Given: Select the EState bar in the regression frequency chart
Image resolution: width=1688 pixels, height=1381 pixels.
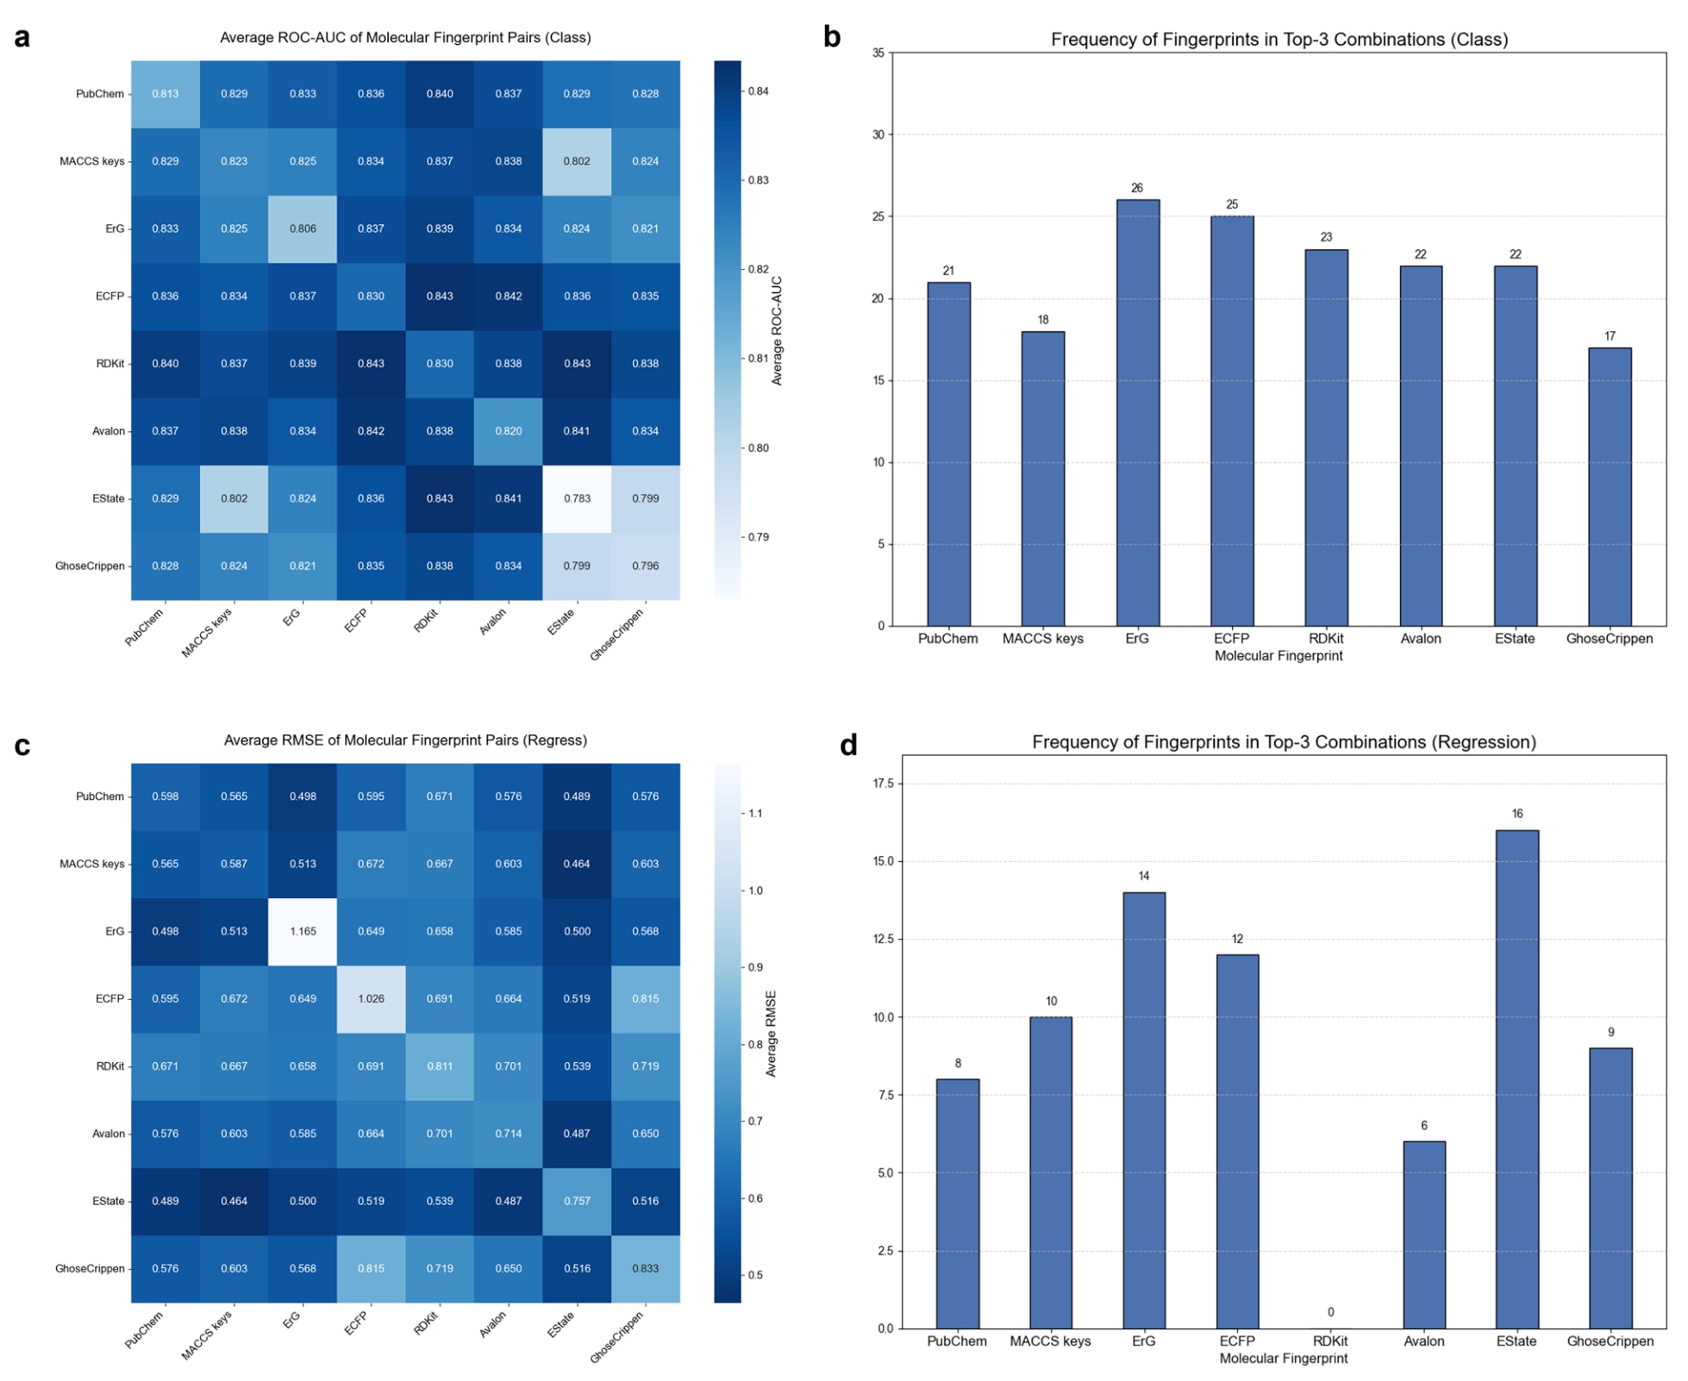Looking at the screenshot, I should tap(1516, 1078).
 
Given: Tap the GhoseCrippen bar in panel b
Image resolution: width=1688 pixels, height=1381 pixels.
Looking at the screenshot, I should tap(1609, 486).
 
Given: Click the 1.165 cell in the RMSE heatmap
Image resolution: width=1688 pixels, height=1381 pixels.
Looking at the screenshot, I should tap(303, 931).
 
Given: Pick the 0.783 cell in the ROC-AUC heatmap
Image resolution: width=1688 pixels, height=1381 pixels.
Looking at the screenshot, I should tap(577, 498).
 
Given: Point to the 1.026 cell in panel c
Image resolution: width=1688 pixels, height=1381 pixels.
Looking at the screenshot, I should tap(371, 998).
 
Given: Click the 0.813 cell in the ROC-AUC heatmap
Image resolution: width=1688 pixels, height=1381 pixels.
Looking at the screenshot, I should tap(166, 94).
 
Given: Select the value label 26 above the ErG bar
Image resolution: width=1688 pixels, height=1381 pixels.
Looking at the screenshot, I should tap(1137, 188).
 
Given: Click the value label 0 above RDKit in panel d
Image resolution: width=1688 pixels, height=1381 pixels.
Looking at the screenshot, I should tap(1330, 1312).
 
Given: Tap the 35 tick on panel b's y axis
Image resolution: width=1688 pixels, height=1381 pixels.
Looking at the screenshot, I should tap(878, 53).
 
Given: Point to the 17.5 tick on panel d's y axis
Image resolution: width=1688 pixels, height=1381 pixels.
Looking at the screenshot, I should tap(883, 784).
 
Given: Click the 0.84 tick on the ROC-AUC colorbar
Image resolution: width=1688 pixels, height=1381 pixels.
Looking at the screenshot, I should tap(758, 91).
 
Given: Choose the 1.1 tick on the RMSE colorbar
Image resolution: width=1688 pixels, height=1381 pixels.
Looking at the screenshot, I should tap(755, 813).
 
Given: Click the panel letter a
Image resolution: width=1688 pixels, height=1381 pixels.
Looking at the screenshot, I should tap(22, 38).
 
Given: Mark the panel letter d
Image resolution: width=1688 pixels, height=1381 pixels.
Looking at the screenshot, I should tap(848, 745).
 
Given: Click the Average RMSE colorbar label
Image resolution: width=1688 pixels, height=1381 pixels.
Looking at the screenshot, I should tap(772, 1033).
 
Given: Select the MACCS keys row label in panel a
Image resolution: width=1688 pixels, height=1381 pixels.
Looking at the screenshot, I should tap(91, 161).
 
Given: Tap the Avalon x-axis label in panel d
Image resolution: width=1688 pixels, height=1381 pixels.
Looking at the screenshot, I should tap(1423, 1341).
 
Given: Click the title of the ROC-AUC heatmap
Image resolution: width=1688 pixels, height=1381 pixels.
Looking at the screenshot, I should tap(405, 38).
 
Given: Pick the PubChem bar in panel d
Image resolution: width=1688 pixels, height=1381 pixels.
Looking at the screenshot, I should tap(957, 1203).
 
